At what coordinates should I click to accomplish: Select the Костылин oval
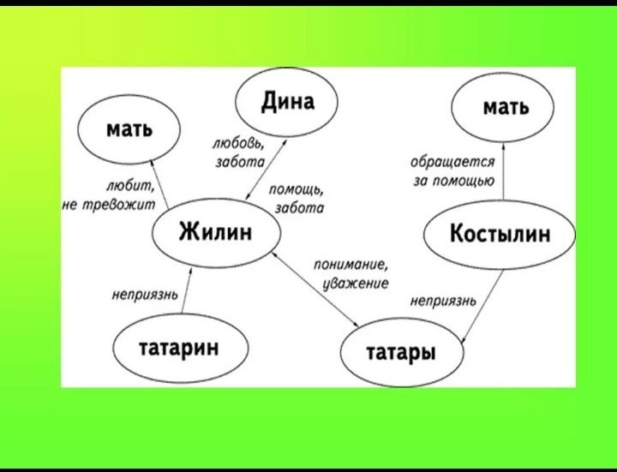[500, 233]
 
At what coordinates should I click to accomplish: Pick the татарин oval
[178, 348]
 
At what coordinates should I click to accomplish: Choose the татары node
[401, 351]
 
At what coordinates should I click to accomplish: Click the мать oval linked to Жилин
[129, 129]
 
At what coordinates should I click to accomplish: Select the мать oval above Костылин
[506, 108]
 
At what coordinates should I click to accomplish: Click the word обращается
[452, 161]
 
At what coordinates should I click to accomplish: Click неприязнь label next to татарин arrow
[145, 296]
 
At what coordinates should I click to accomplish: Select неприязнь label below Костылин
[443, 301]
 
